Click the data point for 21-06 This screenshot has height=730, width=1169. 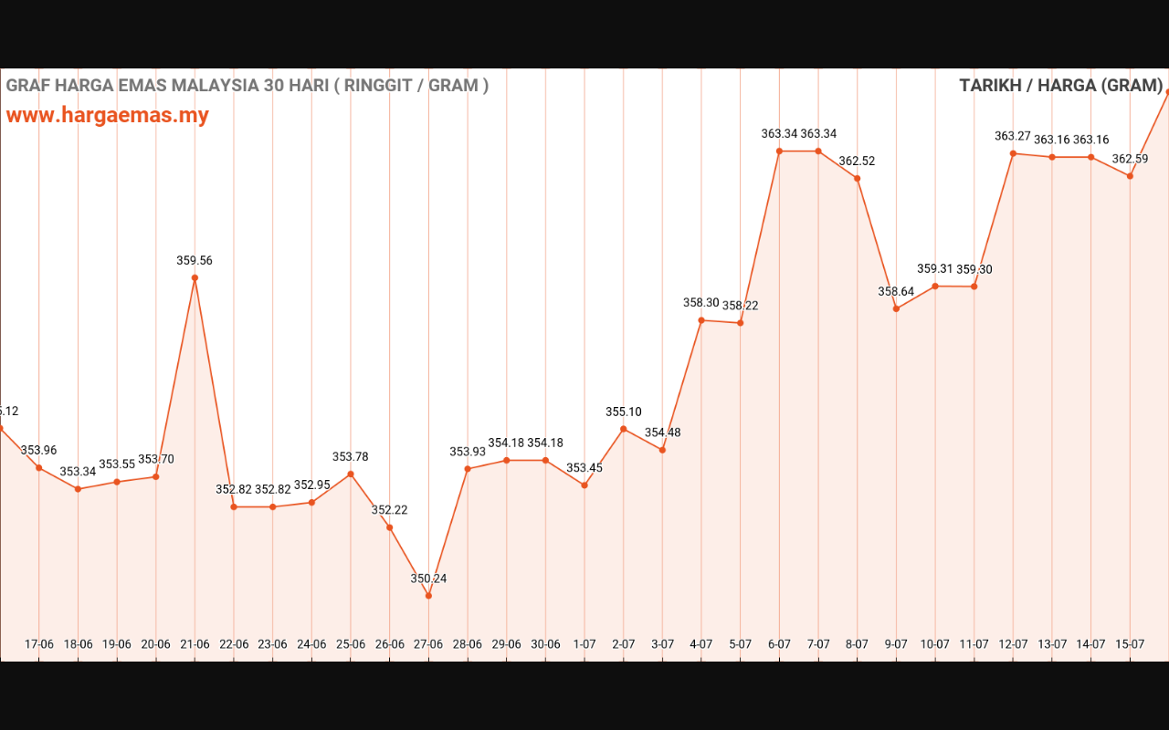tap(195, 277)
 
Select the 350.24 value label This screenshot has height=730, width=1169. tap(428, 579)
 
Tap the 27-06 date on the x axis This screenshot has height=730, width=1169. tap(428, 644)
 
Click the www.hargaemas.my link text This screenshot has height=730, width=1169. tap(108, 116)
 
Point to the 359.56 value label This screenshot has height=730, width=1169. tap(195, 261)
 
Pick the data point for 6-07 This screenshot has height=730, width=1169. tap(779, 151)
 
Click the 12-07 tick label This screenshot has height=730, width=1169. tap(1013, 644)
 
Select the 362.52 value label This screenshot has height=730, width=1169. tap(857, 162)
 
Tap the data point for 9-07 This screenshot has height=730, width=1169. tap(896, 308)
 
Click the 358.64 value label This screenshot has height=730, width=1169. tap(896, 292)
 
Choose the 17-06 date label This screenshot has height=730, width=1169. tap(39, 644)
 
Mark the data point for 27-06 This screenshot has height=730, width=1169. tap(428, 596)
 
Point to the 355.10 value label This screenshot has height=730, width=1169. tap(624, 412)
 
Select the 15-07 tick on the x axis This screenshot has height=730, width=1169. tap(1130, 644)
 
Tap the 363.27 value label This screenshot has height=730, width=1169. tap(1013, 137)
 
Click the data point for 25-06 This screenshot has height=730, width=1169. tap(351, 474)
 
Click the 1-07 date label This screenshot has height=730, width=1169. tap(584, 644)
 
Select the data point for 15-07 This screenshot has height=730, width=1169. tap(1130, 176)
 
